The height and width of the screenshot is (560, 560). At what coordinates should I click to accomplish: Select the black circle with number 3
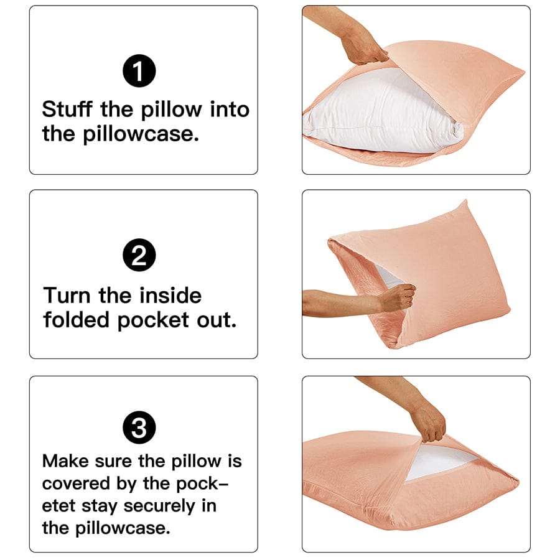pos(139,427)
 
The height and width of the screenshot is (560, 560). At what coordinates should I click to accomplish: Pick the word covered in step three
pos(76,483)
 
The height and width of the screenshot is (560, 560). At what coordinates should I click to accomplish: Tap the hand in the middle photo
pos(397,297)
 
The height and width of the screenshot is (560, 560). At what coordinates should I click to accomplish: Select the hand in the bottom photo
pos(429,423)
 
